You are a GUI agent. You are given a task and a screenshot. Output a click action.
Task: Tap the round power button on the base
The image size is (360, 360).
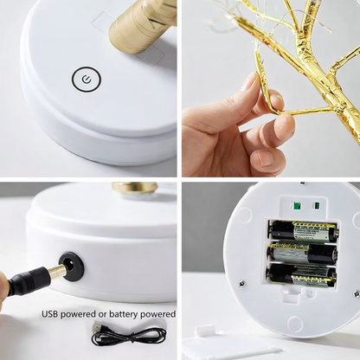coord(86,80)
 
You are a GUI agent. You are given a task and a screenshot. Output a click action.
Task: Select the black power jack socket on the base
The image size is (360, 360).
coord(72,266)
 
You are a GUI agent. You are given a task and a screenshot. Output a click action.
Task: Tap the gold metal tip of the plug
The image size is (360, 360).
coord(55,271)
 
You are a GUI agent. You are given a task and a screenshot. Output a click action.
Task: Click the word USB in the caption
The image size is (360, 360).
coord(54,313)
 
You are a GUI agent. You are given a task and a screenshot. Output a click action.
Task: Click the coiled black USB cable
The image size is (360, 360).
coord(129,334)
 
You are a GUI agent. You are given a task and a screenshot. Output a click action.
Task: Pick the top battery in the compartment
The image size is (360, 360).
coord(302,231)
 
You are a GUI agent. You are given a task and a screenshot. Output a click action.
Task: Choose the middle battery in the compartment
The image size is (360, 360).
coord(302,254)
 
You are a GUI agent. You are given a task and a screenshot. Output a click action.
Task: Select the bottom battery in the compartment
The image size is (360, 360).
coord(302,274)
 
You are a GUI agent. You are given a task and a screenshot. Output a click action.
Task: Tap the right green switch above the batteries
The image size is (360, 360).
coord(318,207)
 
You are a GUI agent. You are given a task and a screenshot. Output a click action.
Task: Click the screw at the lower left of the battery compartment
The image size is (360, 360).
coord(242,284)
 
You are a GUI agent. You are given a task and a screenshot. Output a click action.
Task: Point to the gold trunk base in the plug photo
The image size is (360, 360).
coord(135,187)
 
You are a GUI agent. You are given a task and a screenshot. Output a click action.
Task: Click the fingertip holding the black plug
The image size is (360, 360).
coord(3,286)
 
